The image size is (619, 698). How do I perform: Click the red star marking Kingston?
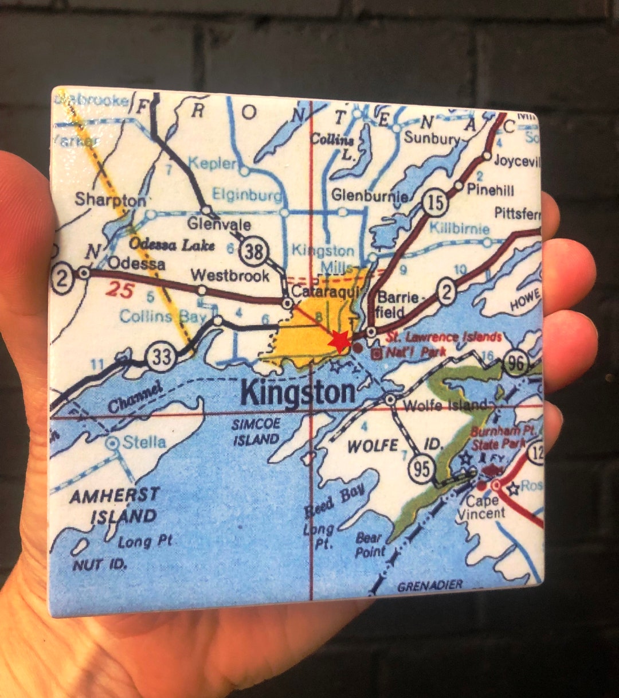pyautogui.click(x=339, y=341)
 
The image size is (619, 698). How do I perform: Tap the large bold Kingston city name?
pyautogui.click(x=298, y=393)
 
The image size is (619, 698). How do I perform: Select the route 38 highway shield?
pyautogui.click(x=252, y=252)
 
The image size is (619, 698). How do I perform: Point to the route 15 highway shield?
pyautogui.click(x=436, y=203)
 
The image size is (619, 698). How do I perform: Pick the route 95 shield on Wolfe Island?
pyautogui.click(x=421, y=469)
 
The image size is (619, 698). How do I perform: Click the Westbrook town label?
pyautogui.click(x=230, y=275)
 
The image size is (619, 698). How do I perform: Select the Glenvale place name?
pyautogui.click(x=219, y=224)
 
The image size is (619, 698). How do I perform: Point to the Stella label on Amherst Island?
pyautogui.click(x=144, y=442)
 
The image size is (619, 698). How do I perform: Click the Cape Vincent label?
pyautogui.click(x=481, y=508)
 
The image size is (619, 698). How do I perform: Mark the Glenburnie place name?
pyautogui.click(x=369, y=195)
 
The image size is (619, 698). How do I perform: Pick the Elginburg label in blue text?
pyautogui.click(x=247, y=194)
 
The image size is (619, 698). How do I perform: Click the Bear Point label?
pyautogui.click(x=370, y=545)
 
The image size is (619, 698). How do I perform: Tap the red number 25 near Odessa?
pyautogui.click(x=119, y=291)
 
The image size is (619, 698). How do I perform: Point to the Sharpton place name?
pyautogui.click(x=110, y=200)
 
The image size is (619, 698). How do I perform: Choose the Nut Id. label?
pyautogui.click(x=100, y=565)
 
